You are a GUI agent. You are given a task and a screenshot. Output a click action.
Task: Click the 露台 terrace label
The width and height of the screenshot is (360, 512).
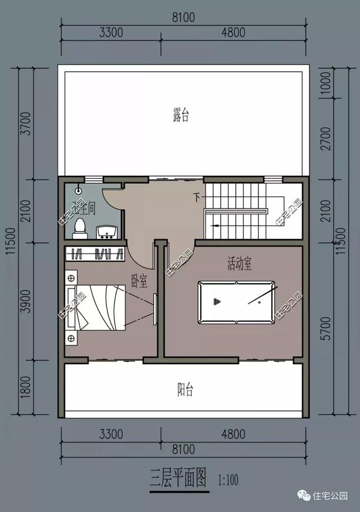(181, 116)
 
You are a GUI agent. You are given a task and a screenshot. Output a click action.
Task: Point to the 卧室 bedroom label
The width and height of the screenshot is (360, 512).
(139, 279)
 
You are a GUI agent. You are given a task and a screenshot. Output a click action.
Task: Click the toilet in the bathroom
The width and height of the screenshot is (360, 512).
(81, 226)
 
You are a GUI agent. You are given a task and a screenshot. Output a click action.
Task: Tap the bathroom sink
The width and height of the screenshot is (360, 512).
(106, 230)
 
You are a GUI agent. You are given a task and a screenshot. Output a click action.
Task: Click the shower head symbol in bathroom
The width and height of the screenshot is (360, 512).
(78, 190)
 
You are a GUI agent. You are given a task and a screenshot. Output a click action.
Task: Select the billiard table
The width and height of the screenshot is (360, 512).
(237, 302)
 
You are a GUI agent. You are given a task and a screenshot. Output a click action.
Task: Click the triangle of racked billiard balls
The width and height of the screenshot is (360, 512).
(217, 302)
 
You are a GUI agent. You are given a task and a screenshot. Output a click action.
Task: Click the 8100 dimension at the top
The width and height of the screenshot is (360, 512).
(183, 17)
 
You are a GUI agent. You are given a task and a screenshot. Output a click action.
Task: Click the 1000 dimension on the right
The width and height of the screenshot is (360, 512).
(327, 84)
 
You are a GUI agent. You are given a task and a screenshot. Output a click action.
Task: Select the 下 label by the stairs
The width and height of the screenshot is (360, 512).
(197, 197)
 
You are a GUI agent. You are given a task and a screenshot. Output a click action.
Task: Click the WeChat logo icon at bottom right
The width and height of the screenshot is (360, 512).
(304, 496)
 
